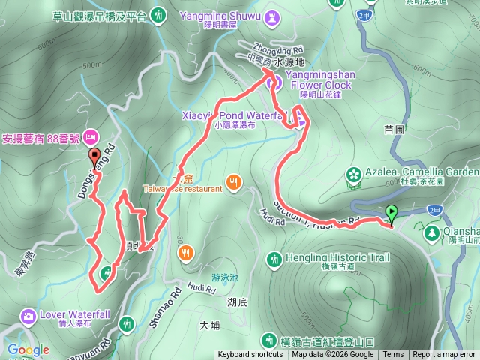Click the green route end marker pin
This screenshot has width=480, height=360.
391,214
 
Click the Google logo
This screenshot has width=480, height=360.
28,349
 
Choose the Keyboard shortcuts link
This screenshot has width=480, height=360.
250,355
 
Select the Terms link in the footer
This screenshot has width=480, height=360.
393,355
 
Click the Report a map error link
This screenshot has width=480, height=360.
444,355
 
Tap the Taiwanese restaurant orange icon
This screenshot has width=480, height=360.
235,181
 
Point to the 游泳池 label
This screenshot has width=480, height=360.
224,277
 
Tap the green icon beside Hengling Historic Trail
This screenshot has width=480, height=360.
275,259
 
